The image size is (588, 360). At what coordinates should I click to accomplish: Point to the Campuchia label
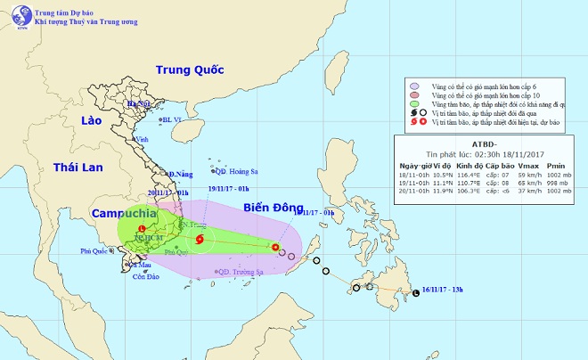tap(122, 215)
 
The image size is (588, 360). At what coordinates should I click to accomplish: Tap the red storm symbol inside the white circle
tap(200, 239)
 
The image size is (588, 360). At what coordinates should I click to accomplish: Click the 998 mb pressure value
tap(559, 183)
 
